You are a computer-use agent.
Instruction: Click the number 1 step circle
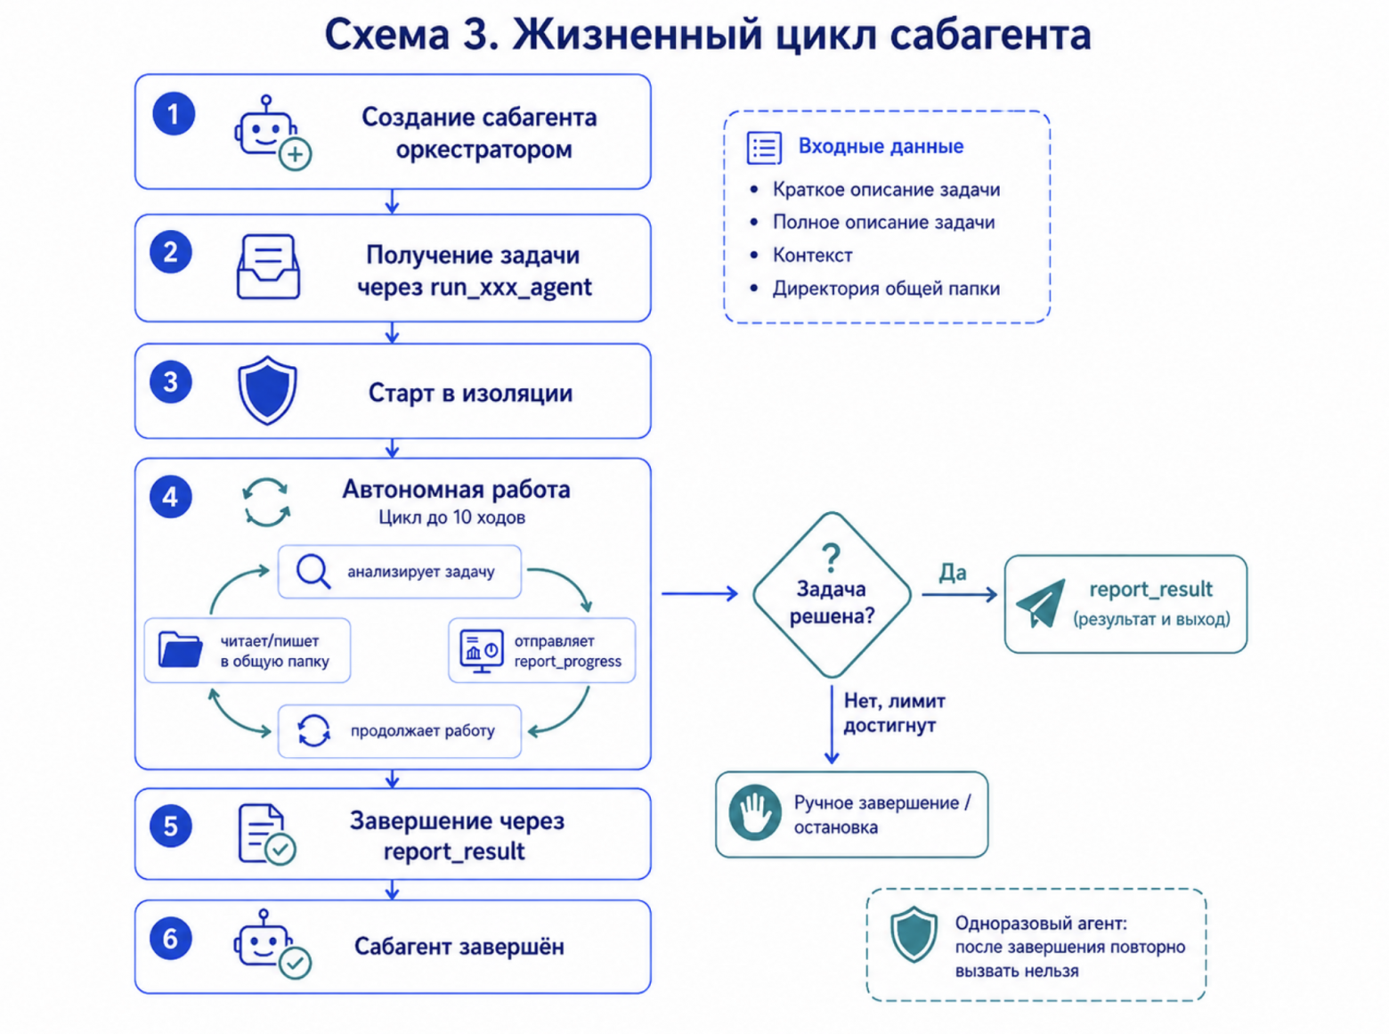tap(174, 114)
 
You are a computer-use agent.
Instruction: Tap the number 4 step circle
tap(170, 497)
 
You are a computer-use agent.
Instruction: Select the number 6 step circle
tap(170, 938)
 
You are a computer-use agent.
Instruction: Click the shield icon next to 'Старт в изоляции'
tap(267, 390)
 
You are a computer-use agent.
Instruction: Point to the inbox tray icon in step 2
tap(268, 267)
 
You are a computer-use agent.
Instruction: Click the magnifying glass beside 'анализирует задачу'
tap(313, 572)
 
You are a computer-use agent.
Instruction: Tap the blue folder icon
tap(181, 649)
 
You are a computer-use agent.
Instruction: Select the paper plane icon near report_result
tap(1040, 604)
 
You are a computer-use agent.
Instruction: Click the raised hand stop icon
tap(755, 812)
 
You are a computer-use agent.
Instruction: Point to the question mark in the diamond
tap(831, 558)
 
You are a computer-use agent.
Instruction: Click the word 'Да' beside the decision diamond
tap(953, 572)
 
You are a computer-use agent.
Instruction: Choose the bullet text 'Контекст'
tap(812, 255)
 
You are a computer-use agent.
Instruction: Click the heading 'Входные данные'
tap(881, 146)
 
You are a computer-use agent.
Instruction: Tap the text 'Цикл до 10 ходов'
tap(451, 517)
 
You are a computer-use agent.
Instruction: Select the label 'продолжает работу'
tap(423, 730)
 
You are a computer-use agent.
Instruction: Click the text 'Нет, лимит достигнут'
tap(894, 712)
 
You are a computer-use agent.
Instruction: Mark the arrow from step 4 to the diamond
tap(700, 593)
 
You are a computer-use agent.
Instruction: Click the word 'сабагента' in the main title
tap(991, 35)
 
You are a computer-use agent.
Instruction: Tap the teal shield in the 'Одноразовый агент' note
tap(914, 933)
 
